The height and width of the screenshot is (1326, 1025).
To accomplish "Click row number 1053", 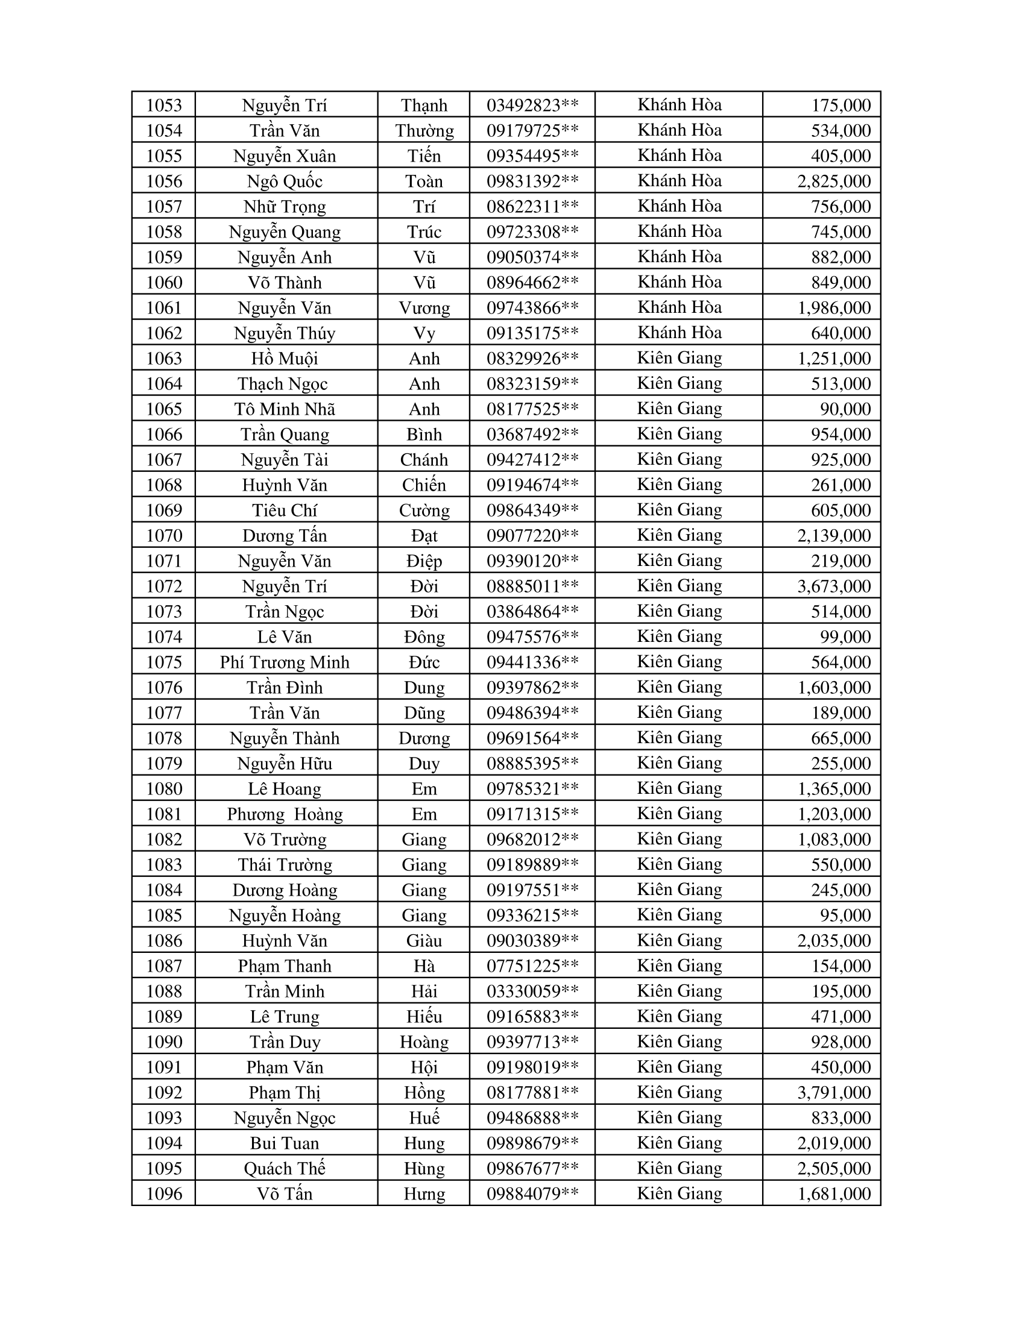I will coord(164,105).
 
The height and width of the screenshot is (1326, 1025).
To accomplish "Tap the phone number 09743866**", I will coord(532,308).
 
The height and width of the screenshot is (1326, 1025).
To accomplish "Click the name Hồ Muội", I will coord(284,358).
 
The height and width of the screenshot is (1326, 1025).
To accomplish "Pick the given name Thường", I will coord(424,131).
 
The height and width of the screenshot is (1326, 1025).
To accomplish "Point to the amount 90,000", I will coord(845,409).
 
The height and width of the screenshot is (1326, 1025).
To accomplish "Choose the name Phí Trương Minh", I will coord(284,662).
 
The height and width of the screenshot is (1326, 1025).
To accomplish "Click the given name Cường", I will coord(424,511).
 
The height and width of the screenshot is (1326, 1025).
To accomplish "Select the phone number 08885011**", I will coord(532,586).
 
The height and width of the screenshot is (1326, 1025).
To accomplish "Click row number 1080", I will coord(164,789).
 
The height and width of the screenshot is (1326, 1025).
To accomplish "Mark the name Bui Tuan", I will coord(284,1143).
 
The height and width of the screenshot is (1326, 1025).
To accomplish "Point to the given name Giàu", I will coord(424,940).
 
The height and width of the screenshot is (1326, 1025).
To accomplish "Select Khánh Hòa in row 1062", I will coord(679,333).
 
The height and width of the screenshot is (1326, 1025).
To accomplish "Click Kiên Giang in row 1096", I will coord(679,1193).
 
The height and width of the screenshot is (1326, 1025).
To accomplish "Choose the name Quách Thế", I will coord(284,1169).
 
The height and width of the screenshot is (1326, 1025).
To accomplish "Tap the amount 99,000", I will coord(845,637).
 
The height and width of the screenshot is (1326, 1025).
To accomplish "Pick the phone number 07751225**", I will coord(532,966).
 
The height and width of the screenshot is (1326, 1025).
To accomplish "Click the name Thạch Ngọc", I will coord(282,384).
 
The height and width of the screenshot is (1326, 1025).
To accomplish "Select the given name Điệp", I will coord(424,561).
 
